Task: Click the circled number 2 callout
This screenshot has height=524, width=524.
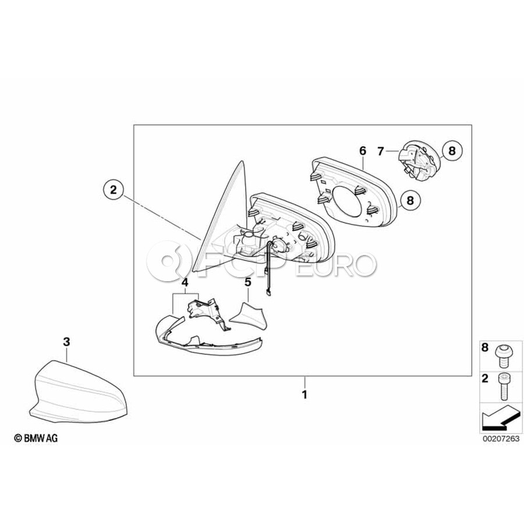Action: point(113,189)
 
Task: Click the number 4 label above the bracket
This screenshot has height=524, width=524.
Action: point(185,283)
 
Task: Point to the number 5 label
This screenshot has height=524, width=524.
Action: point(247,282)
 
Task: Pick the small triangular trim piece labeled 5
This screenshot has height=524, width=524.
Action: point(247,314)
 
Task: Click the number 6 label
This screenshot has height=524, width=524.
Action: point(362,151)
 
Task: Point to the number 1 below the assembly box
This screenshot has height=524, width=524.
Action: point(303,394)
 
